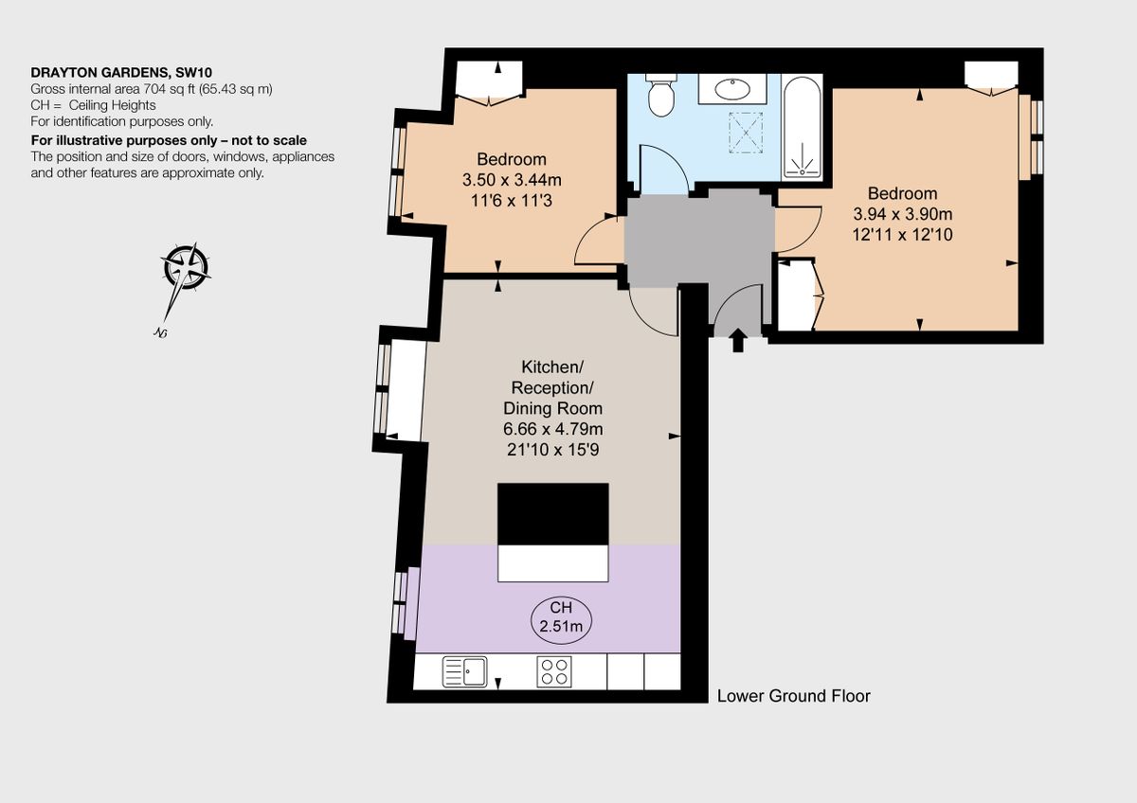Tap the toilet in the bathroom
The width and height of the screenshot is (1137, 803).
660,95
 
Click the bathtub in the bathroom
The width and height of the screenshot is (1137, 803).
802,126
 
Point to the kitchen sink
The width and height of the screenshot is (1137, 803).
464,671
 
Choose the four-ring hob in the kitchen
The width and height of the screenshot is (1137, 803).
554,671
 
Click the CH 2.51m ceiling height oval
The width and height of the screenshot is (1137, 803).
560,616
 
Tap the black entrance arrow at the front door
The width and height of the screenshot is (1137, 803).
738,341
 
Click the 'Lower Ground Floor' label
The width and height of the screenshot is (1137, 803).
793,696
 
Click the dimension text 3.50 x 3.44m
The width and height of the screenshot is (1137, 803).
512,179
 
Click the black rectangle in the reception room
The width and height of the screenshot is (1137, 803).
553,513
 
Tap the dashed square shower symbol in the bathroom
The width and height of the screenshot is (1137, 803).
747,132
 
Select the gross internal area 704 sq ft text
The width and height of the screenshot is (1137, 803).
152,89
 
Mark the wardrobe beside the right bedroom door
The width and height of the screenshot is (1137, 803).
795,294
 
